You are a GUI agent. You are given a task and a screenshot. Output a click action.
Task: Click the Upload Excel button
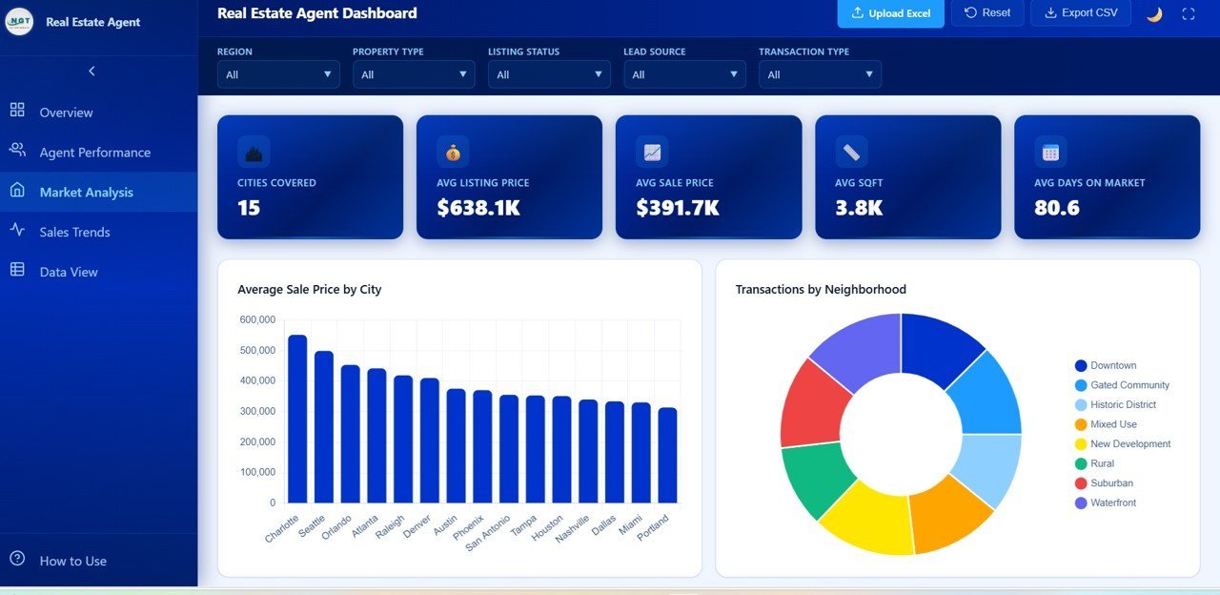click(890, 13)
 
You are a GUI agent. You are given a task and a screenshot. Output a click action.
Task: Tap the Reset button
click(987, 13)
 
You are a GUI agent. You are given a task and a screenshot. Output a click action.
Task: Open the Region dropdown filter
click(278, 74)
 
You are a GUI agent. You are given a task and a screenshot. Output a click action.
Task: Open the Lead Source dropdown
click(684, 74)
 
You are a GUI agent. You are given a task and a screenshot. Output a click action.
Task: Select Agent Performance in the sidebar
click(94, 153)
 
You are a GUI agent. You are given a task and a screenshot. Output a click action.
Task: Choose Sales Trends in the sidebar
click(74, 232)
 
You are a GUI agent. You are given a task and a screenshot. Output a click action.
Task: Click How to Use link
click(72, 561)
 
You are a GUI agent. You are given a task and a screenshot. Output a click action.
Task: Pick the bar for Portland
click(667, 455)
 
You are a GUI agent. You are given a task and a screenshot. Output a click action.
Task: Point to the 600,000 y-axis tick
click(257, 320)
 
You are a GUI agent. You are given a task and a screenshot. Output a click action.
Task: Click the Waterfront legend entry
click(1112, 503)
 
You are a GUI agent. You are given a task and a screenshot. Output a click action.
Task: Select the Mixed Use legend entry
click(1113, 424)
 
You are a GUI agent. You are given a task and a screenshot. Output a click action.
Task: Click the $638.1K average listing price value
click(478, 207)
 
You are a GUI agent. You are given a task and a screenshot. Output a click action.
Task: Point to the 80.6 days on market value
click(1057, 207)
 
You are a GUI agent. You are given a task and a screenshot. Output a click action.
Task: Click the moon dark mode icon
click(1154, 13)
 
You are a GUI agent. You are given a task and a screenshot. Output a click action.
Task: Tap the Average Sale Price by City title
click(309, 289)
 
